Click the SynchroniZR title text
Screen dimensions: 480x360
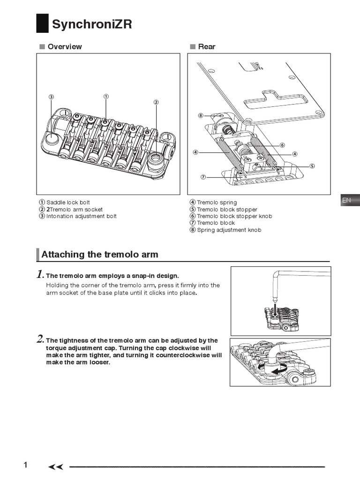[92, 24]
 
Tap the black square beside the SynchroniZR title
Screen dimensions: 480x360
[42, 24]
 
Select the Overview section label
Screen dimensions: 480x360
[64, 46]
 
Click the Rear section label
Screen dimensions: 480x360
[207, 46]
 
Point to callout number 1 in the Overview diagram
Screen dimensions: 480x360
[106, 96]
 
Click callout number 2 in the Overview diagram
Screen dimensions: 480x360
[156, 102]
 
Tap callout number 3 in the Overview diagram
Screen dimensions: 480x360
[52, 97]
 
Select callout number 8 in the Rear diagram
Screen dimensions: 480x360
[201, 115]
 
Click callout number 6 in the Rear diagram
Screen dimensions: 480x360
[282, 145]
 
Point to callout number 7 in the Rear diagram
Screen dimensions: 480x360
[203, 177]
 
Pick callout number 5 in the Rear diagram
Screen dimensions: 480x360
[312, 165]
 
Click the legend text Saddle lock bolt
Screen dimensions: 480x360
[68, 202]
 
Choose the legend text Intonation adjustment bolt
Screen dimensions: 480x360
[81, 216]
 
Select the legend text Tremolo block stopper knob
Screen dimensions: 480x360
[234, 216]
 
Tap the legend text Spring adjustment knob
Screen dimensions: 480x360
[229, 230]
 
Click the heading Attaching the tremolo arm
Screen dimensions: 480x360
[100, 255]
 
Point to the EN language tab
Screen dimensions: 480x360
[346, 200]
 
